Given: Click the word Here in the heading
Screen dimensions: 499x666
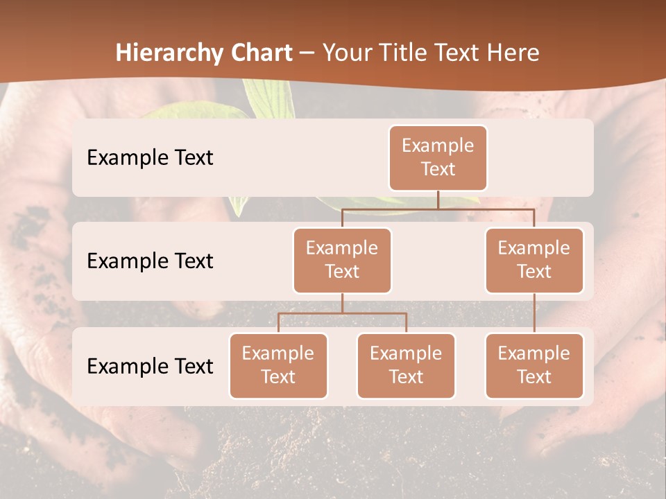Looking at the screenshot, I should tap(513, 53).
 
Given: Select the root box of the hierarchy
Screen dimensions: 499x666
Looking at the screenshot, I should tap(438, 157).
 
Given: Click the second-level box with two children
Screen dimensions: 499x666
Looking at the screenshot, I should tap(342, 260).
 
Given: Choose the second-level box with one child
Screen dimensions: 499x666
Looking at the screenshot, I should tap(534, 260).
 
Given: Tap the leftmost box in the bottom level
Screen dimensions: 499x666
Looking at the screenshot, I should tap(278, 365).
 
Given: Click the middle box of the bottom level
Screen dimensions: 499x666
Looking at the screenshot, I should tap(406, 365).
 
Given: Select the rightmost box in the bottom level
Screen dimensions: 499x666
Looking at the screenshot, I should tap(534, 365).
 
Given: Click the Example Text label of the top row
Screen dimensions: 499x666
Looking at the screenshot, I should tap(150, 158).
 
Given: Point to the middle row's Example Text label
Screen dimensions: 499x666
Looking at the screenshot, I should tap(150, 261).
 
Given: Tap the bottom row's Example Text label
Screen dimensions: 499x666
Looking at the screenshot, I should tap(150, 367).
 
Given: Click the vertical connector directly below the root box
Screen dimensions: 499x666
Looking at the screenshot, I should tap(438, 200).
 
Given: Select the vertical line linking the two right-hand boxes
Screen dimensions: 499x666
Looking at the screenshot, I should tap(534, 313).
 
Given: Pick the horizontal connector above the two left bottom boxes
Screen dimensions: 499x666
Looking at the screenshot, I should tap(342, 313).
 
